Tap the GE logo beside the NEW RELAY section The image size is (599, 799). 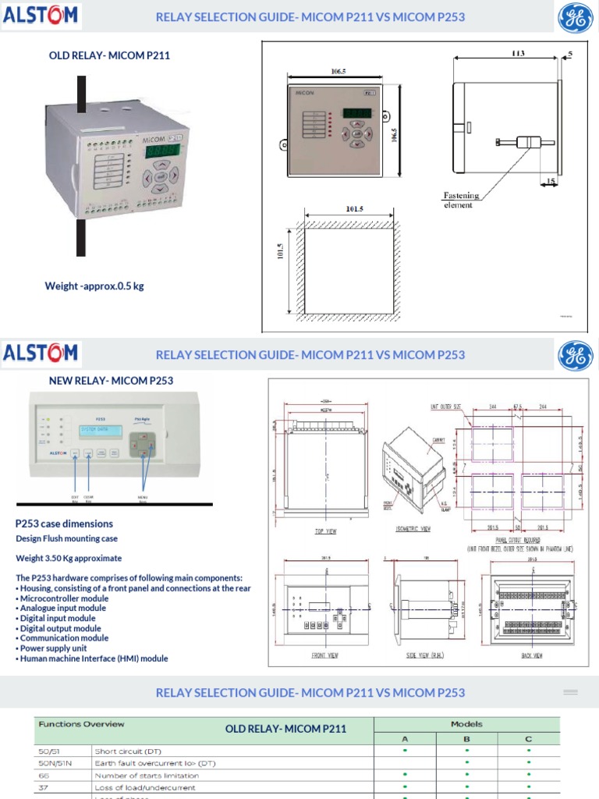(x=575, y=356)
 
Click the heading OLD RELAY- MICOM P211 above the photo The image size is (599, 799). (x=109, y=55)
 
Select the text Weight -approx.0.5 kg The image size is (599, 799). (x=94, y=286)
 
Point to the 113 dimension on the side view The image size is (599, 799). (x=518, y=54)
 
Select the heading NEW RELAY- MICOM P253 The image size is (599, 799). (x=111, y=381)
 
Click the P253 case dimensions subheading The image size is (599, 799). (x=64, y=524)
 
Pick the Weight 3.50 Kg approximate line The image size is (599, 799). (x=69, y=559)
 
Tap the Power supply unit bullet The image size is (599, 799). (x=53, y=648)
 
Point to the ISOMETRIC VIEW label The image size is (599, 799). (x=415, y=528)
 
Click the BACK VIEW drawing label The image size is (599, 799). (x=532, y=656)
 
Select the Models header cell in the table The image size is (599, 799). (x=466, y=724)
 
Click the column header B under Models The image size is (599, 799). (x=466, y=738)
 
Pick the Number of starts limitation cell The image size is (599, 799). (x=146, y=776)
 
